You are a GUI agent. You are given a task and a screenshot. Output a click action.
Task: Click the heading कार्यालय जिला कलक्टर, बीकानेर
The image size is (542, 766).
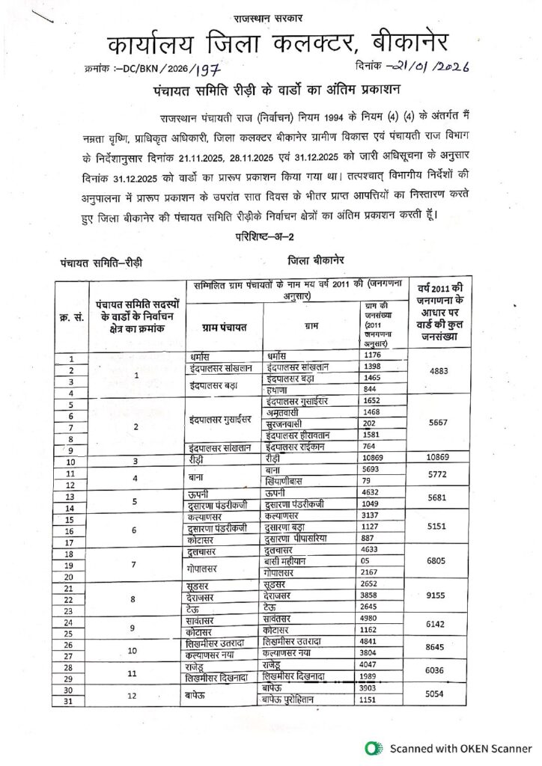click(270, 46)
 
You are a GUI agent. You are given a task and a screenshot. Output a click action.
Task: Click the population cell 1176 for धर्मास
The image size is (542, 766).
click(374, 355)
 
